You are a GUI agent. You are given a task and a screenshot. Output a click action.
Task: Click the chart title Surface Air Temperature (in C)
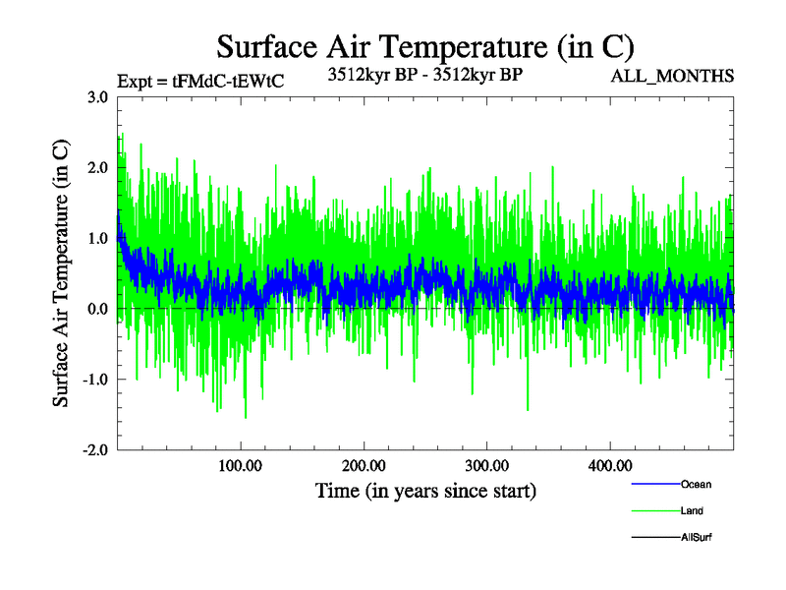pos(425,46)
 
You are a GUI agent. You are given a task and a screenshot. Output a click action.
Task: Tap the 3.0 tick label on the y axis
pos(97,97)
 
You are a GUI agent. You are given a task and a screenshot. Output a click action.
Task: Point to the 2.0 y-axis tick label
pos(97,168)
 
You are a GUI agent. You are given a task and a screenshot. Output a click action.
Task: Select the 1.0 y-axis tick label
pos(97,239)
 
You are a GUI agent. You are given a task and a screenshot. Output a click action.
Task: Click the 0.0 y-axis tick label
pos(97,309)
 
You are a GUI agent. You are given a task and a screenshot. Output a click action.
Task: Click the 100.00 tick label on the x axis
pos(241,465)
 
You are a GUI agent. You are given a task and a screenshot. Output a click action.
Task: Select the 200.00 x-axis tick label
pos(364,465)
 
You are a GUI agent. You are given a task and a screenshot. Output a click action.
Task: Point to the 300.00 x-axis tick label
pos(486,465)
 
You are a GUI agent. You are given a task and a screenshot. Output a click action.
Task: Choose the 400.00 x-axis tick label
pos(609,465)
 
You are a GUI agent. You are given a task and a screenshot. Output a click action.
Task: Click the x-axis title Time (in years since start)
pos(425,490)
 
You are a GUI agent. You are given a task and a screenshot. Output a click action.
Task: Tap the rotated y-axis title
pos(61,273)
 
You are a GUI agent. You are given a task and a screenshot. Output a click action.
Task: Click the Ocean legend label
pos(696,484)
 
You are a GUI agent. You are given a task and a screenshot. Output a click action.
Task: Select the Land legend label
pos(692,510)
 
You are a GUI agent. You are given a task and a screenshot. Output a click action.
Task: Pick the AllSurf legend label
pos(696,538)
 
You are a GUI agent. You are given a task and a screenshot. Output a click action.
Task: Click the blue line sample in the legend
pos(654,484)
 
